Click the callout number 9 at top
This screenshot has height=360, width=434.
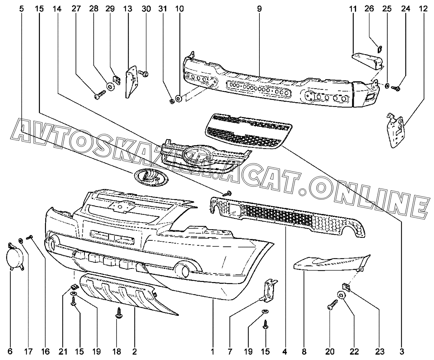(259, 9)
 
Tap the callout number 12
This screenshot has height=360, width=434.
(423, 9)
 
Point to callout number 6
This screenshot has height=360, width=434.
(10, 352)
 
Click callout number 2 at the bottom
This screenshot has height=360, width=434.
(134, 352)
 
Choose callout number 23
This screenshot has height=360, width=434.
(379, 352)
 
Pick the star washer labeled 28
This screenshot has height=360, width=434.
(110, 86)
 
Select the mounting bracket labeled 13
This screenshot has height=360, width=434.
(131, 80)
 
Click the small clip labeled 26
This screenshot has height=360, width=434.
(380, 49)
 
